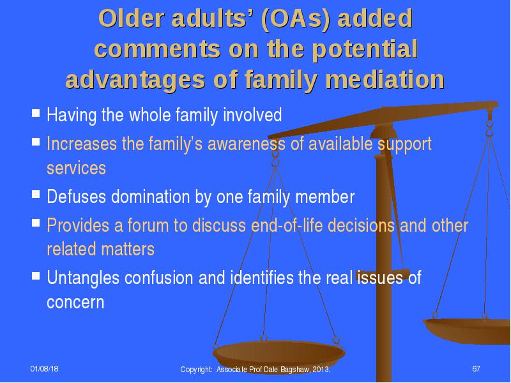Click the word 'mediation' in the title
[385, 79]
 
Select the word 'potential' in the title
[365, 50]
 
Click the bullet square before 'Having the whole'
[36, 113]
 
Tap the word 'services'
[76, 168]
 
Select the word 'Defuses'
[76, 197]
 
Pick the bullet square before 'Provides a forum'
[36, 223]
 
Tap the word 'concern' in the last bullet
[75, 303]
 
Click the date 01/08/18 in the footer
[44, 369]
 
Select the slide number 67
[476, 369]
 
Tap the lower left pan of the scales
[278, 354]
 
